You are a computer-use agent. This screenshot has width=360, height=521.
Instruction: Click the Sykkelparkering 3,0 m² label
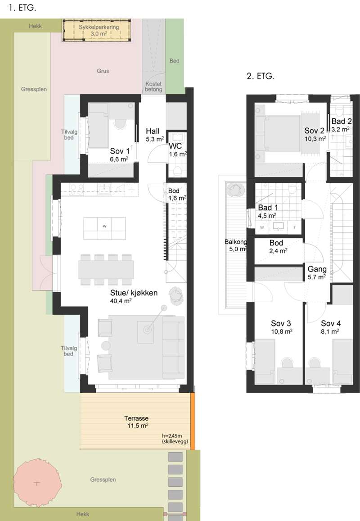pyautogui.click(x=99, y=30)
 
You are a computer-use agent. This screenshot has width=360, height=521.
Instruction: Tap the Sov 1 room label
pyautogui.click(x=120, y=155)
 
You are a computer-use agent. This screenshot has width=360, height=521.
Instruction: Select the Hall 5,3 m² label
pyautogui.click(x=154, y=135)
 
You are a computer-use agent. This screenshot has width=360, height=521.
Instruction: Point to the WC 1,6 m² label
pyautogui.click(x=178, y=150)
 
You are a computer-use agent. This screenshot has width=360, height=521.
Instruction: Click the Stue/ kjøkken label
pyautogui.click(x=134, y=296)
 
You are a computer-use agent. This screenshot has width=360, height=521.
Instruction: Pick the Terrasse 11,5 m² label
pyautogui.click(x=136, y=422)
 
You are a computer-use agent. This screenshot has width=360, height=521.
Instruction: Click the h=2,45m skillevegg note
pyautogui.click(x=175, y=439)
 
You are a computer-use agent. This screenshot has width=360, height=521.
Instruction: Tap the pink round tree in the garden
pyautogui.click(x=37, y=482)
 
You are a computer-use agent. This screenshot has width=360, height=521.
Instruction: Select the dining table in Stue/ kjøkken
pyautogui.click(x=106, y=269)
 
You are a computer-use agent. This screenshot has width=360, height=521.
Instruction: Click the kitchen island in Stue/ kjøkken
pyautogui.click(x=104, y=228)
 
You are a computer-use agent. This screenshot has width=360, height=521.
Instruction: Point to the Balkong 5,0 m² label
pyautogui.click(x=236, y=245)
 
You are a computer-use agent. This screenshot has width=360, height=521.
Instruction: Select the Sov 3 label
pyautogui.click(x=281, y=327)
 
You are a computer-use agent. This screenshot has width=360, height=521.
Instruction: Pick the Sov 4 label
pyautogui.click(x=330, y=327)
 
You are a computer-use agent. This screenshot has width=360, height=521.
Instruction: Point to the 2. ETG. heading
pyautogui.click(x=261, y=76)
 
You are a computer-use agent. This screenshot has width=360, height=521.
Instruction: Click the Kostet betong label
pyautogui.click(x=153, y=87)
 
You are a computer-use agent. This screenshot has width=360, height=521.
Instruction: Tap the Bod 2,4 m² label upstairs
pyautogui.click(x=278, y=247)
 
